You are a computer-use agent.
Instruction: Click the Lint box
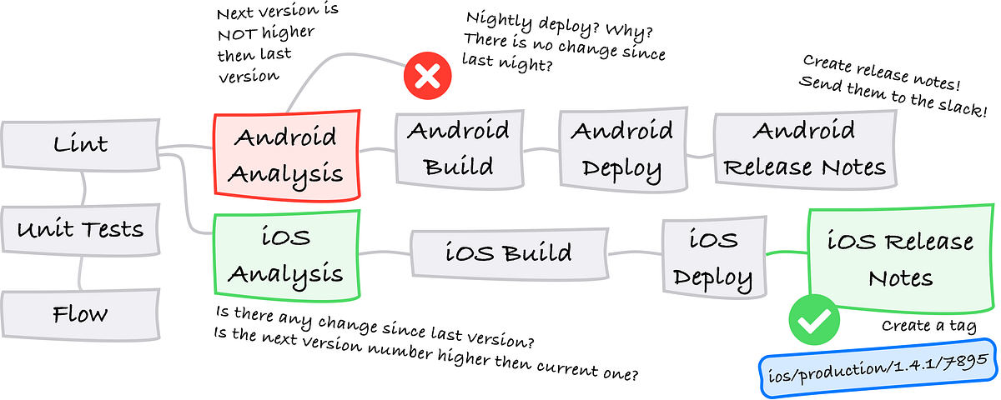tap(80, 145)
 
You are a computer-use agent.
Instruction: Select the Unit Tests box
tap(80, 229)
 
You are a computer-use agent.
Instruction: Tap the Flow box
tap(80, 315)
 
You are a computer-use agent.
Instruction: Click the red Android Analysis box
tap(286, 155)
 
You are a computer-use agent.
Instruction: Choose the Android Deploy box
tap(622, 148)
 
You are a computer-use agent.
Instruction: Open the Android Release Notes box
tap(803, 149)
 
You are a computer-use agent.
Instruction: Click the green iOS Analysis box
tap(286, 253)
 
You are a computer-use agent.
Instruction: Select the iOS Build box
tap(507, 252)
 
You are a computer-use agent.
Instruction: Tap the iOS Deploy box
tap(712, 257)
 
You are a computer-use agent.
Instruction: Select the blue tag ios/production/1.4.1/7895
tap(878, 365)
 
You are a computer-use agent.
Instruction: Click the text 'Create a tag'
tap(928, 325)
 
